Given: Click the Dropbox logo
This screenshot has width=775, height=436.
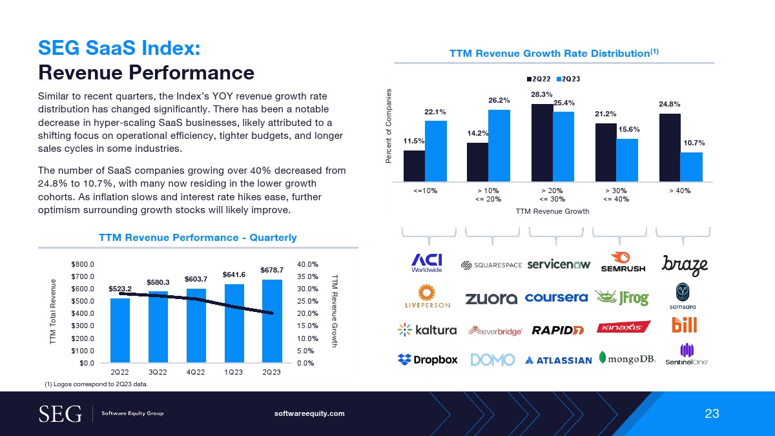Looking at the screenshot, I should point(428,360).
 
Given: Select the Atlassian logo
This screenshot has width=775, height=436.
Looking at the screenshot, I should point(559,360).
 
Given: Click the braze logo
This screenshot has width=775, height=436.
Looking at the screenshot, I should point(685,265).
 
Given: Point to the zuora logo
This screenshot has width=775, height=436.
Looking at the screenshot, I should point(491,298).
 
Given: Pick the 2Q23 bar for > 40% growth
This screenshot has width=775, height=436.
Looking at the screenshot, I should point(692,167).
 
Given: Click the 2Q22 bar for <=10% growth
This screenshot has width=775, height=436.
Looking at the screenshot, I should point(414,166).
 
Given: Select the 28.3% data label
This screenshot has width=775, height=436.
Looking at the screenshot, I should point(541,94).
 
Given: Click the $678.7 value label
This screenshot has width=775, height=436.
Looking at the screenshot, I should point(272,269).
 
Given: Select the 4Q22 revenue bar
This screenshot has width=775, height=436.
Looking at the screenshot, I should point(196,326).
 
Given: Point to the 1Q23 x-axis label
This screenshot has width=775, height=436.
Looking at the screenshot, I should point(234,373).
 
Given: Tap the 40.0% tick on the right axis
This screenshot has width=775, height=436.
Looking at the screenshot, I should point(307,264).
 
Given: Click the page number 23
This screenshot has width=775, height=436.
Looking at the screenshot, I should point(712,414).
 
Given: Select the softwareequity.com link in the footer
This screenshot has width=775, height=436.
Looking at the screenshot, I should point(310,413).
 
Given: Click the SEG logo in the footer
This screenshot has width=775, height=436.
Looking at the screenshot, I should point(61,413).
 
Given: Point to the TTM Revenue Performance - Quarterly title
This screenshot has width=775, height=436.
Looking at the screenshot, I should point(198,238).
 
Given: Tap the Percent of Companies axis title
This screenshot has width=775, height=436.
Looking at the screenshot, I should point(389,126).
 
